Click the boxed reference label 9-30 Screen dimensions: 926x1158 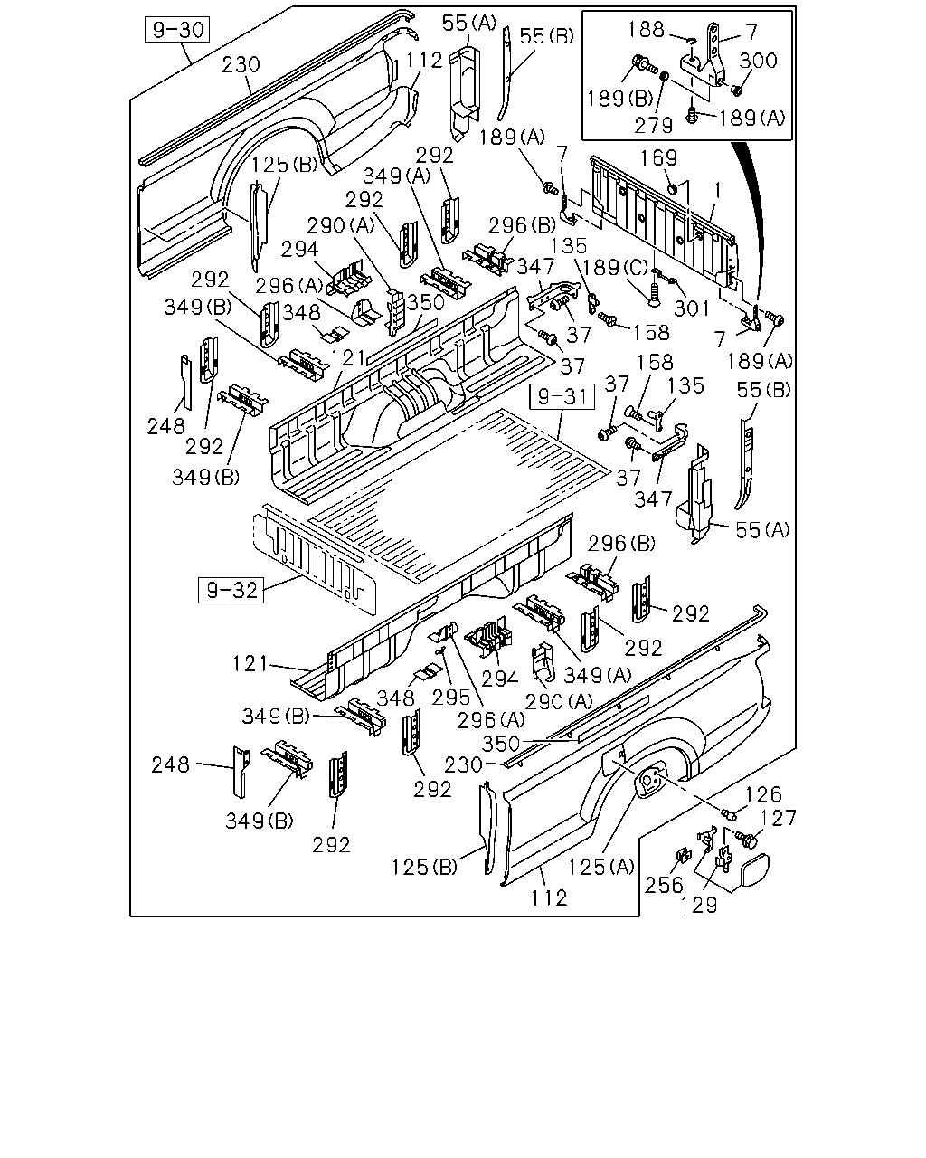[x=177, y=30]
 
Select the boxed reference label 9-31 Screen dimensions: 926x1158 [x=562, y=396]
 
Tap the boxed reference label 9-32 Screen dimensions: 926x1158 [x=231, y=590]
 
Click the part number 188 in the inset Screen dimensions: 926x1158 [x=646, y=30]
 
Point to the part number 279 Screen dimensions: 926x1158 [x=653, y=126]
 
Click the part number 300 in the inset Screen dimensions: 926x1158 [x=758, y=61]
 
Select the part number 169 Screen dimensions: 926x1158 [x=658, y=157]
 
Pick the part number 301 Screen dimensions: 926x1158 [x=692, y=308]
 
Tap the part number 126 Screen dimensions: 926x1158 [x=763, y=794]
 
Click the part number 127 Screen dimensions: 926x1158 [x=778, y=818]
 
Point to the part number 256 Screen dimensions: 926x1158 [x=664, y=885]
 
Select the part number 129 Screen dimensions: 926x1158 [x=699, y=905]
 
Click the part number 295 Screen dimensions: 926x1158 [x=451, y=698]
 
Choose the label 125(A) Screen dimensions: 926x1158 [x=601, y=867]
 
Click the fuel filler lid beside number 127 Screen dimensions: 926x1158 [x=754, y=869]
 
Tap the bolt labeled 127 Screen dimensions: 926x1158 [x=747, y=839]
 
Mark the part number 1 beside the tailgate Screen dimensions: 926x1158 [x=717, y=191]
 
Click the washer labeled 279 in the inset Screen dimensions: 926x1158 [x=664, y=75]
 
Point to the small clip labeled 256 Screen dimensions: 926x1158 [x=684, y=856]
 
